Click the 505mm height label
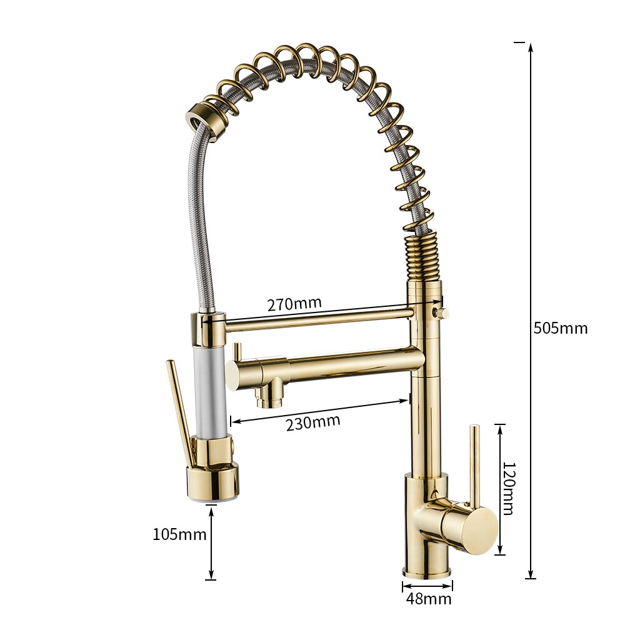[560, 328]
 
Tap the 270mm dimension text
[294, 304]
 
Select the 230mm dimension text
[313, 422]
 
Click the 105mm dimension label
[179, 534]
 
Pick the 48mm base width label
[428, 599]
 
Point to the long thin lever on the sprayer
[180, 409]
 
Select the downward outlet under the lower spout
[269, 396]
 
